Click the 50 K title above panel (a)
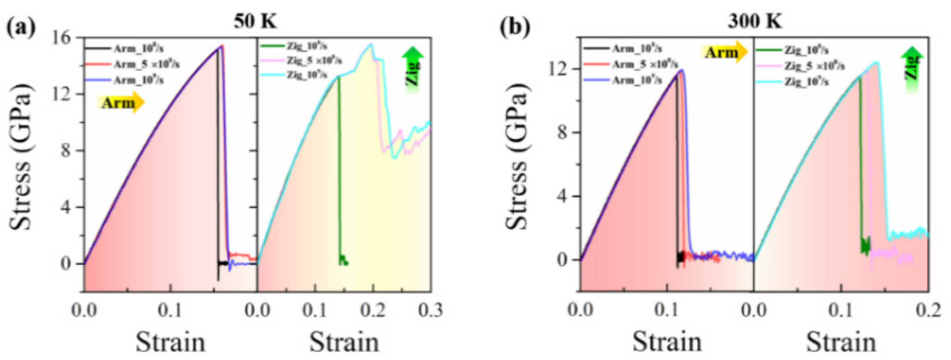pyautogui.click(x=255, y=21)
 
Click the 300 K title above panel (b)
pyautogui.click(x=755, y=21)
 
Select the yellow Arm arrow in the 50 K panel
pyautogui.click(x=121, y=103)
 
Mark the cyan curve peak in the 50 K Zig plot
pyautogui.click(x=371, y=44)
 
